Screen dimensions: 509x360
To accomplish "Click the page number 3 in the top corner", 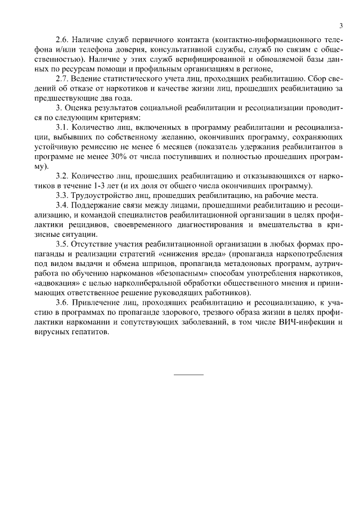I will pos(341,26).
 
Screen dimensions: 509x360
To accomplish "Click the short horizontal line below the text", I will pos(188,375).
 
